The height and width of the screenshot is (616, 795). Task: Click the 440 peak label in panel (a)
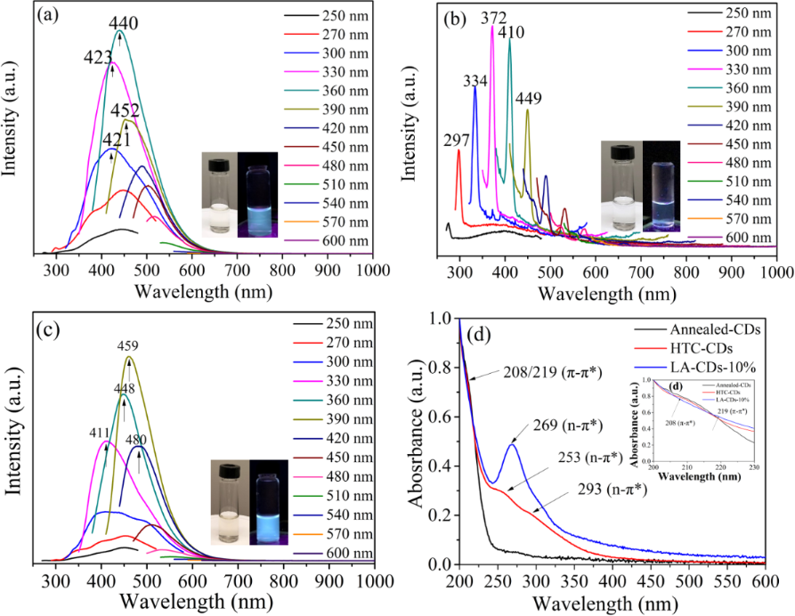click(x=123, y=20)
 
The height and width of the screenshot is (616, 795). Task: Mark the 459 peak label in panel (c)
click(x=131, y=346)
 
